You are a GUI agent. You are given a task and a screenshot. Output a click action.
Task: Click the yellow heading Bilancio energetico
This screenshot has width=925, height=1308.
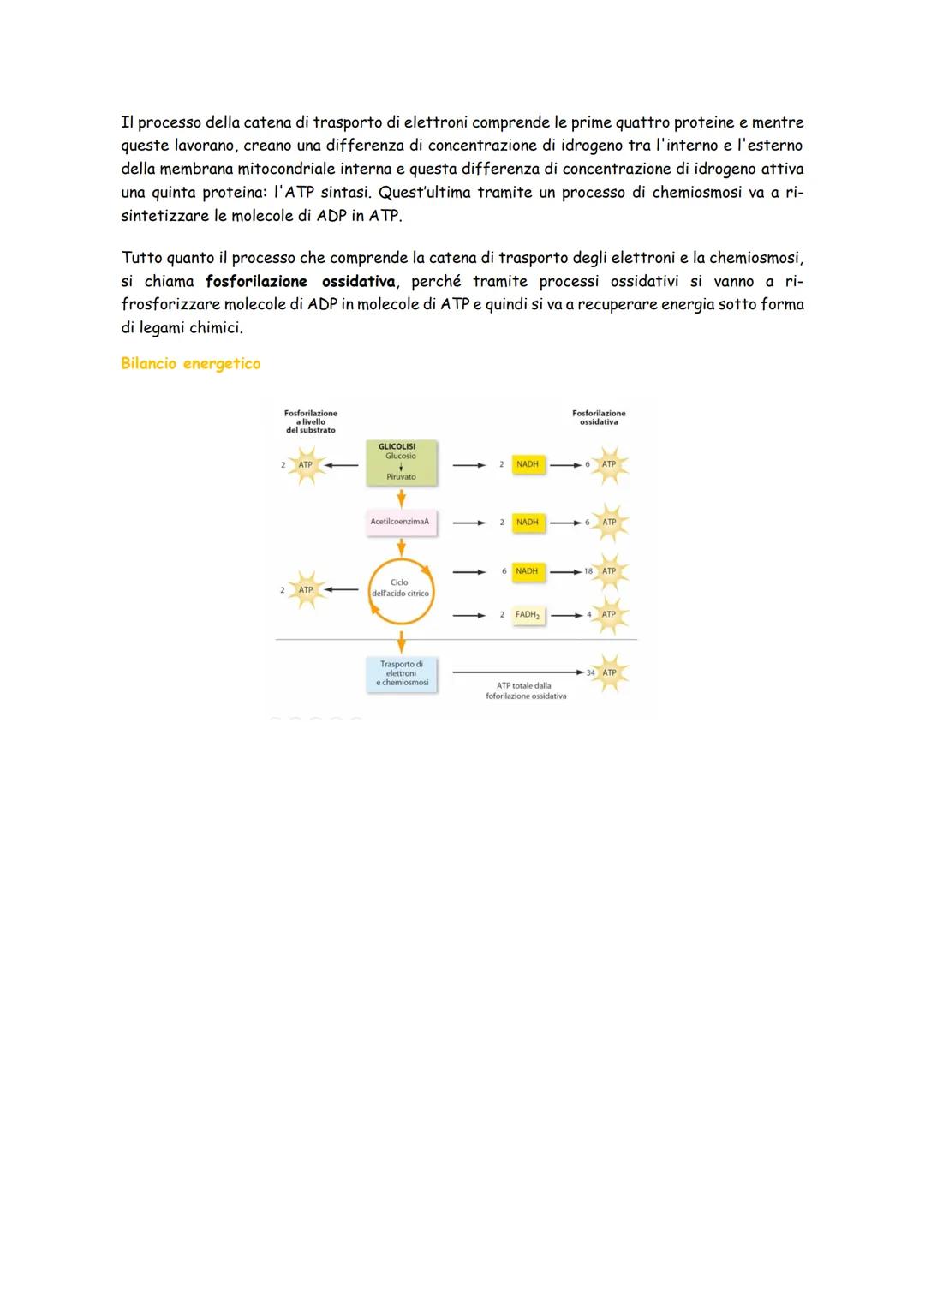point(190,363)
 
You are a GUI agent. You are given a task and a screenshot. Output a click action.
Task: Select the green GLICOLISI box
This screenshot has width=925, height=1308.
point(401,463)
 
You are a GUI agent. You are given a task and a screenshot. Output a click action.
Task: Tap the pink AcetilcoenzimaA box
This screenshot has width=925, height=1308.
point(401,522)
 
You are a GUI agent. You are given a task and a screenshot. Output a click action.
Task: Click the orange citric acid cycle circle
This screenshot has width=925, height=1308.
point(401,591)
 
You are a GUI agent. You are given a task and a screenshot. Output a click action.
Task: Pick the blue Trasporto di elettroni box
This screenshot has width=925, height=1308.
point(401,674)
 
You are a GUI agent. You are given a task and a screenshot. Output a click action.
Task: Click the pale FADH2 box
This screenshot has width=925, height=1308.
point(528,615)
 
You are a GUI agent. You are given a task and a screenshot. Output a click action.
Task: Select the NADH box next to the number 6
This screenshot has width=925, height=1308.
point(528,571)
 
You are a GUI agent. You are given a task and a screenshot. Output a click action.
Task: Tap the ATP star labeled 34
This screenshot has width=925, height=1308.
point(609,672)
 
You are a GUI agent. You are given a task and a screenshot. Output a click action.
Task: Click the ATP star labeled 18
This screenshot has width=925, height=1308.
point(609,571)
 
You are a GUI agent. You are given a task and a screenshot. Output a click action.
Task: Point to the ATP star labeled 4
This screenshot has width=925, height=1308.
point(609,615)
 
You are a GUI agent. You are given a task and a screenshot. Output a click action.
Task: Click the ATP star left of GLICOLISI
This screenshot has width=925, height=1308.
point(306,465)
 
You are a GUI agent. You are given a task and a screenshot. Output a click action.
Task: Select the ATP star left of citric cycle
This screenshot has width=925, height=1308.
point(306,590)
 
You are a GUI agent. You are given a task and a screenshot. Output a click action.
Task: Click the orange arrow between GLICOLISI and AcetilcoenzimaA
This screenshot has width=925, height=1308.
point(401,499)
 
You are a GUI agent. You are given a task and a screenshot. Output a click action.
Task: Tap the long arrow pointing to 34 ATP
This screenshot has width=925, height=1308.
point(518,672)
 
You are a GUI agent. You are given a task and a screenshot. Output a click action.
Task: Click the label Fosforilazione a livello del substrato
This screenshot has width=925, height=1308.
point(311,421)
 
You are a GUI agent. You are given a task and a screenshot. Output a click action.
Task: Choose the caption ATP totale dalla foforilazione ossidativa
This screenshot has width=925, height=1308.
point(526,690)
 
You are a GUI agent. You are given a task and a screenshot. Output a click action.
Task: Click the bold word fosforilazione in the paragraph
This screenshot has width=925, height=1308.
point(256,282)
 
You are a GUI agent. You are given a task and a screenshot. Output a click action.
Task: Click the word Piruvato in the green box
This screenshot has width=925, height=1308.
point(401,476)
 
